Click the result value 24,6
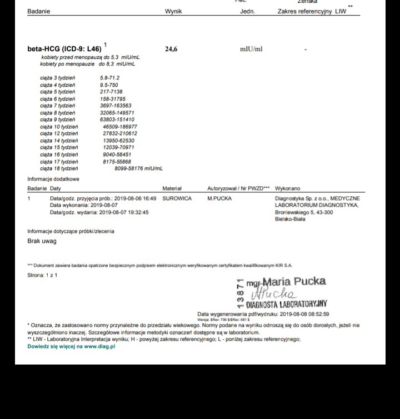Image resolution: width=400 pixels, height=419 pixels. pyautogui.click(x=171, y=49)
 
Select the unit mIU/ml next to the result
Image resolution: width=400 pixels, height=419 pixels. pyautogui.click(x=251, y=49)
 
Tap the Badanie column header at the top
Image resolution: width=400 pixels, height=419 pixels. pyautogui.click(x=38, y=12)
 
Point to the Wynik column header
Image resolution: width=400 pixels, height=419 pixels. pyautogui.click(x=173, y=12)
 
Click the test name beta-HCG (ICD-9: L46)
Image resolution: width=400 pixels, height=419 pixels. pyautogui.click(x=64, y=49)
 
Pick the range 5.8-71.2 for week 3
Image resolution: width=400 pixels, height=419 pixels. pyautogui.click(x=109, y=78)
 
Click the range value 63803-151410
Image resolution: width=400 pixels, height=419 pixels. pyautogui.click(x=117, y=119)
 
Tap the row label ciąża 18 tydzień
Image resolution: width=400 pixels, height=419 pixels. pyautogui.click(x=59, y=168)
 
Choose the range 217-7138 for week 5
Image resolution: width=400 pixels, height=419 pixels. pyautogui.click(x=111, y=92)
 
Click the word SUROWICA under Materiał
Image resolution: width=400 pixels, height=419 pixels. pyautogui.click(x=177, y=198)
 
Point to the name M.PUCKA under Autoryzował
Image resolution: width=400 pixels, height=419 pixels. pyautogui.click(x=219, y=198)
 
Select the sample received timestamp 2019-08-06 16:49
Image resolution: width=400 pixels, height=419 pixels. pyautogui.click(x=135, y=198)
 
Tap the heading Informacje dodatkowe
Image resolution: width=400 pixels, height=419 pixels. pyautogui.click(x=53, y=179)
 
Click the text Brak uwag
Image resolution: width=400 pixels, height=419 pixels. pyautogui.click(x=42, y=241)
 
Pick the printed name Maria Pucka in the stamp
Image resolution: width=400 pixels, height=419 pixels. pyautogui.click(x=294, y=281)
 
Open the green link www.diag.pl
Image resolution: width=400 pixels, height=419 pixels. pyautogui.click(x=99, y=346)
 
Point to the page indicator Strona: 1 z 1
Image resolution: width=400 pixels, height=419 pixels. pyautogui.click(x=42, y=275)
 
